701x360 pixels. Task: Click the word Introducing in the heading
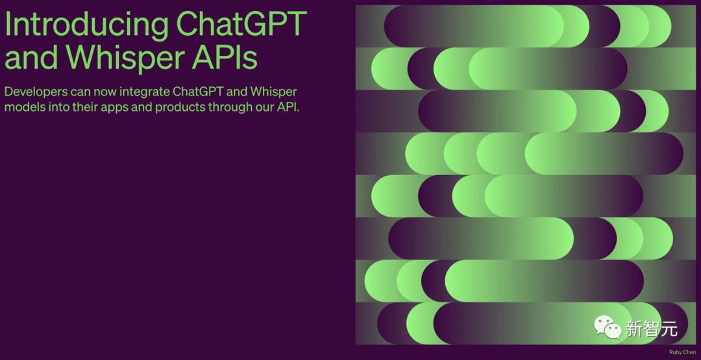coord(85,25)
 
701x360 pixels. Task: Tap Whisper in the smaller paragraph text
coord(273,92)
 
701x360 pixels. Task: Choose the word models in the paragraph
coord(25,107)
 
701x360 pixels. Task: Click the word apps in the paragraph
coord(113,108)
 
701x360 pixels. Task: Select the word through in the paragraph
coord(229,107)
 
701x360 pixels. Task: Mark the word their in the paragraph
coord(82,107)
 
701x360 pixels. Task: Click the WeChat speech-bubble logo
coord(608,328)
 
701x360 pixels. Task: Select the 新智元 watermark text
coord(651,329)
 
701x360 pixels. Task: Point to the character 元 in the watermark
coord(669,329)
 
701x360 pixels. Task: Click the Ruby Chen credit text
coord(682,352)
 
